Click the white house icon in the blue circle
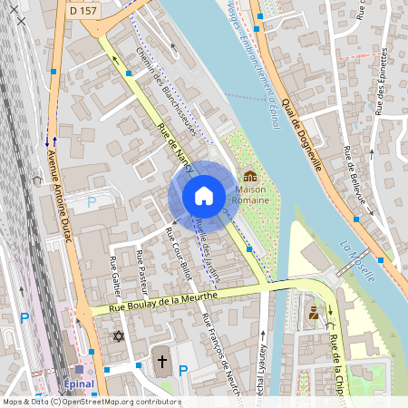(204, 195)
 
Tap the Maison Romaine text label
(252, 194)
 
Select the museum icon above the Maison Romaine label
(249, 176)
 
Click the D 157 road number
(83, 11)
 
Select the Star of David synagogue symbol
(117, 336)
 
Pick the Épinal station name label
(80, 384)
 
